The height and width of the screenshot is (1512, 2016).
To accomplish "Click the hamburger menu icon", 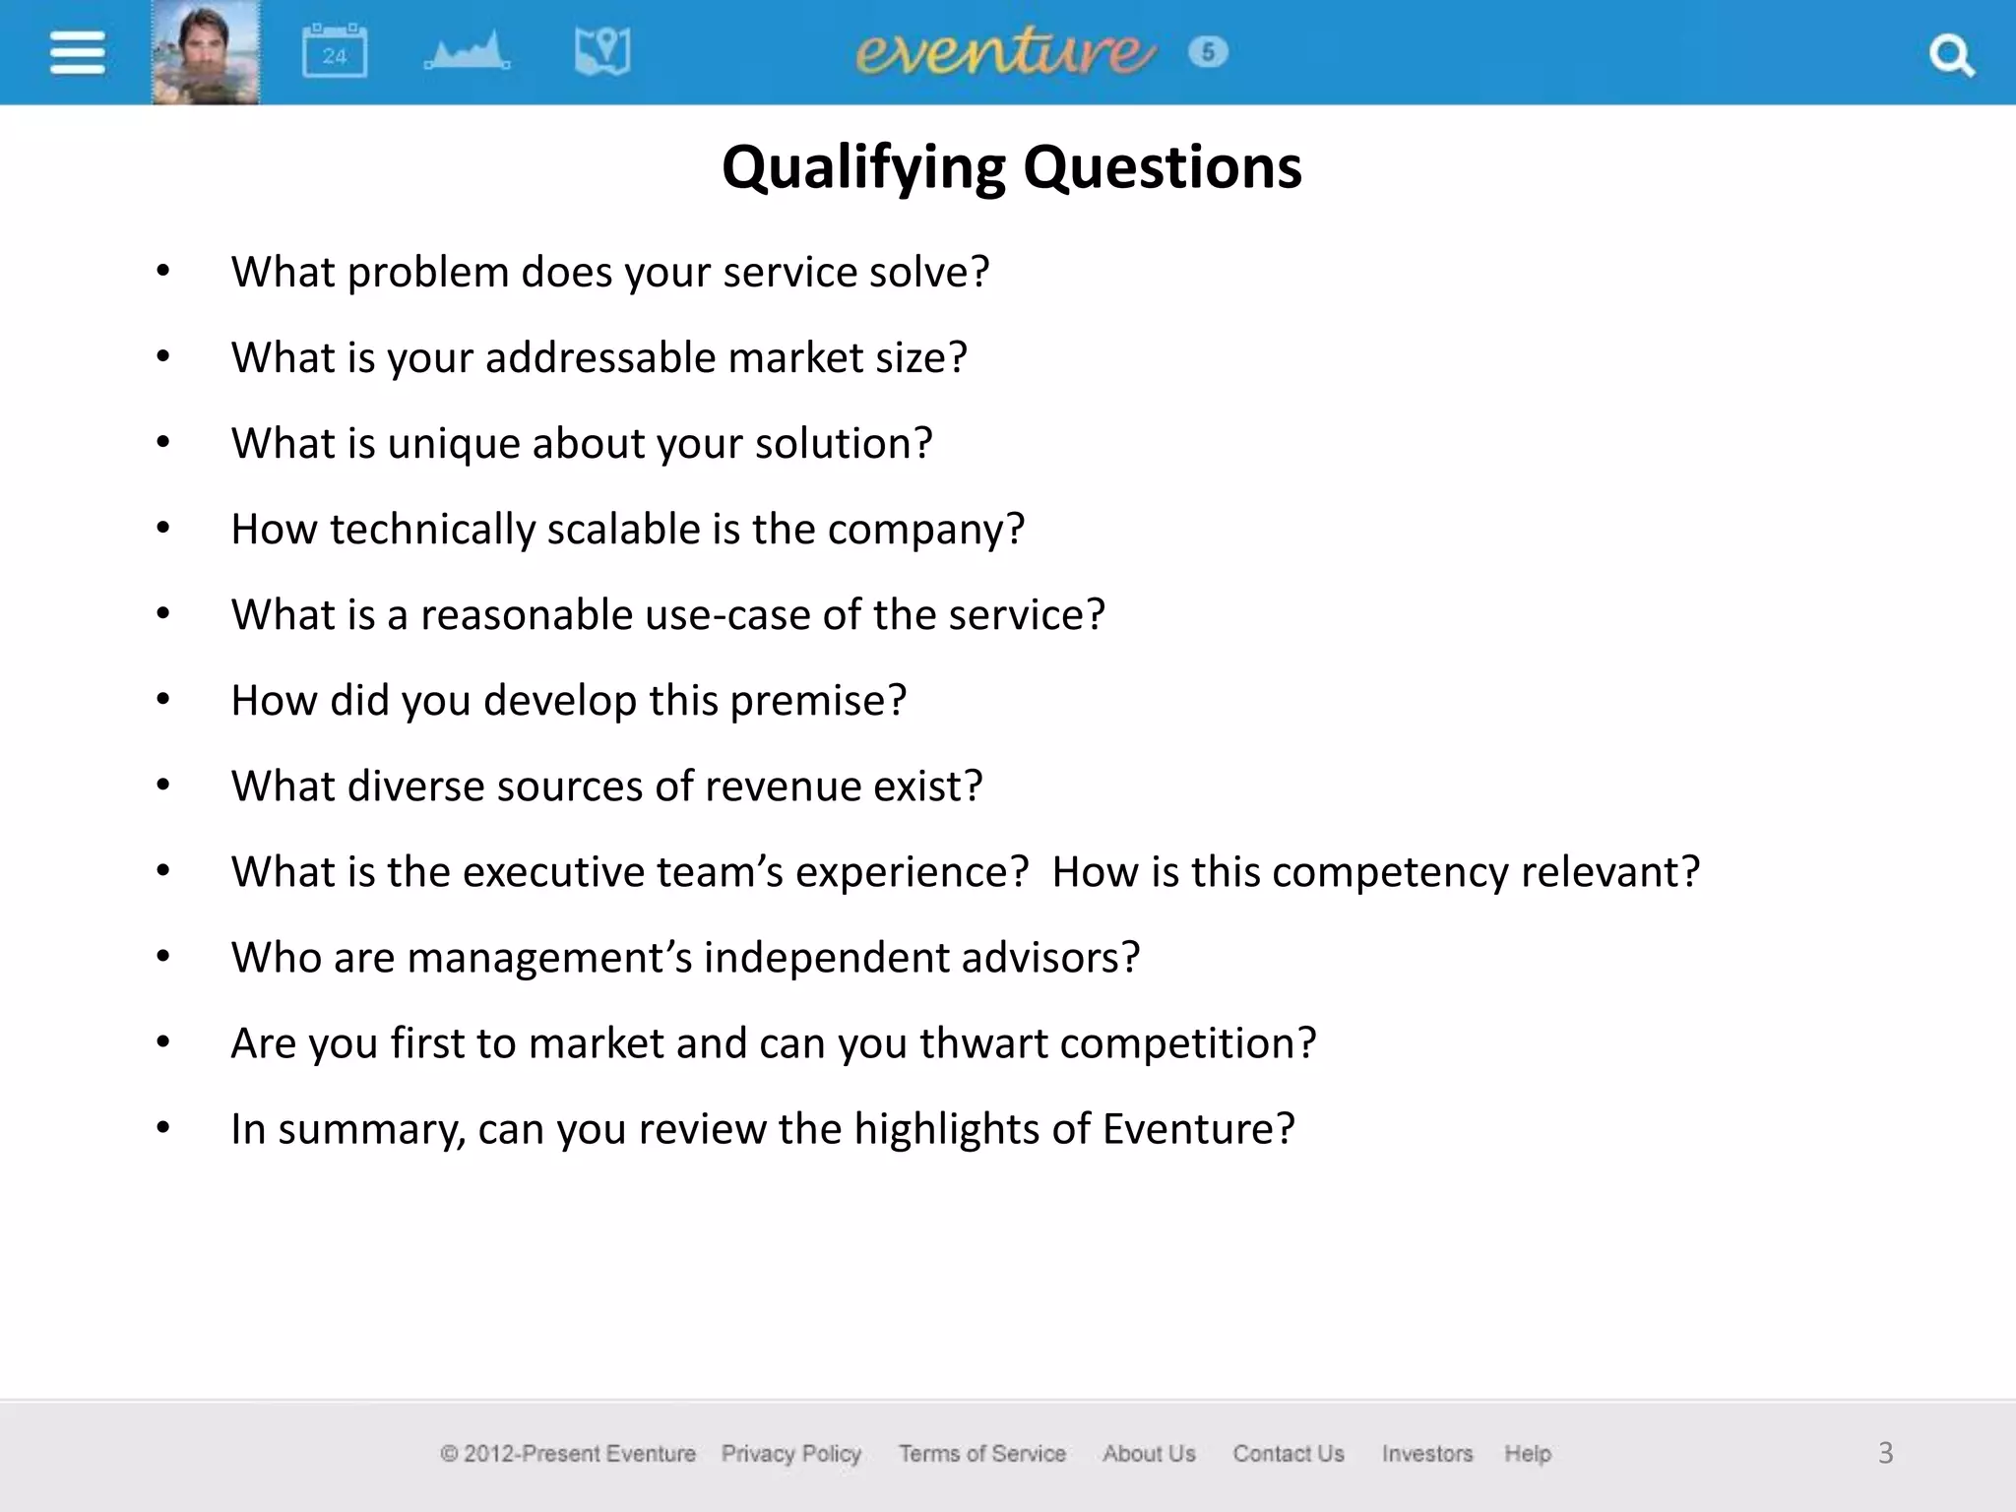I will pyautogui.click(x=77, y=52).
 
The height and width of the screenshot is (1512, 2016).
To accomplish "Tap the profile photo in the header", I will pyautogui.click(x=206, y=52).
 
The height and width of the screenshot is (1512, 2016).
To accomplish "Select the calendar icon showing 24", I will pyautogui.click(x=334, y=52).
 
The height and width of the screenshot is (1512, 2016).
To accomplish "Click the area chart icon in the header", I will pyautogui.click(x=468, y=52).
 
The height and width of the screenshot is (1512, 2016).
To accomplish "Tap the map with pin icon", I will pyautogui.click(x=602, y=52).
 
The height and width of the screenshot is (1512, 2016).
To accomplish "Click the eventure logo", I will pyautogui.click(x=1004, y=52).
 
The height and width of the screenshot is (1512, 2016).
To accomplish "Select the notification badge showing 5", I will pyautogui.click(x=1208, y=51).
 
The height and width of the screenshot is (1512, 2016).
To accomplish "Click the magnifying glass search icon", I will pyautogui.click(x=1951, y=55).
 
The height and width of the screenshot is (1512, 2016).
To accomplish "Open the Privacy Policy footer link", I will pyautogui.click(x=790, y=1453).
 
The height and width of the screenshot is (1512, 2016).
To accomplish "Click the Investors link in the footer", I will pyautogui.click(x=1426, y=1453).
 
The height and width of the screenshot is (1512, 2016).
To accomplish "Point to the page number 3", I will pyautogui.click(x=1885, y=1453).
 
